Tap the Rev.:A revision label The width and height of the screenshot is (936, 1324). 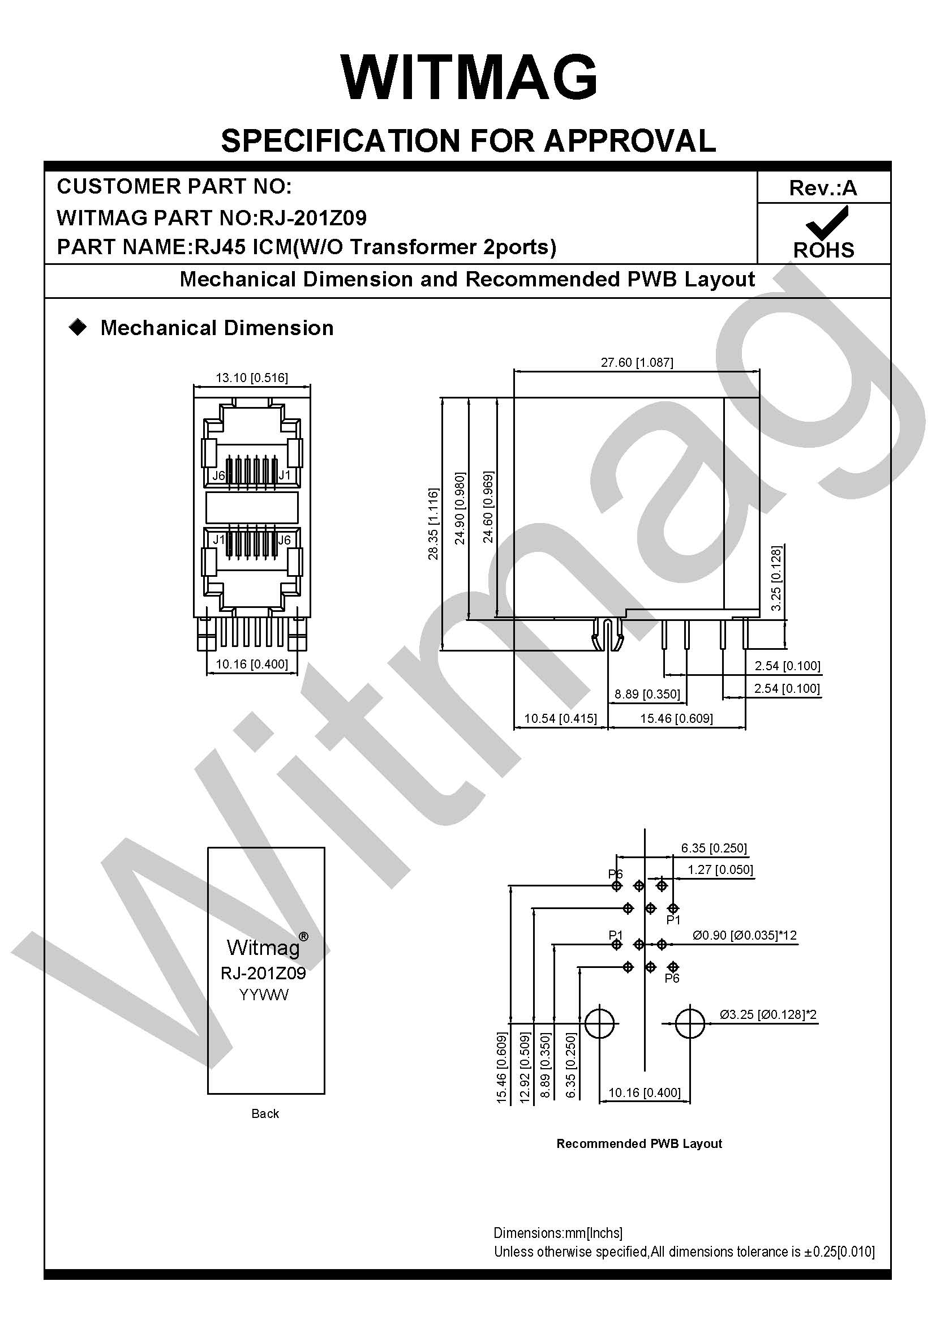(823, 188)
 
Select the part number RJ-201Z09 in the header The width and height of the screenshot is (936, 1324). (313, 217)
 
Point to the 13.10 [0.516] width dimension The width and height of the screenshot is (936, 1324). (252, 378)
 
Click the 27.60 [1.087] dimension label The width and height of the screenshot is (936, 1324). (637, 362)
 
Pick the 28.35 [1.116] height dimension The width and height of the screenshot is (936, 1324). (433, 524)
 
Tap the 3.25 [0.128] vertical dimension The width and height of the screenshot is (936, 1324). (776, 578)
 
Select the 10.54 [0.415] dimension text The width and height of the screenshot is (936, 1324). (560, 718)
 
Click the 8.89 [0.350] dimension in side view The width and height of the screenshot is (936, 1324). (647, 694)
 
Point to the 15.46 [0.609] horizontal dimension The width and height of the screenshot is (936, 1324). (677, 718)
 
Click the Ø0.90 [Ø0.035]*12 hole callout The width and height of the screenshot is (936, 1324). (745, 935)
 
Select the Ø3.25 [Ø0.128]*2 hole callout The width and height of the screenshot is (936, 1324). (768, 1014)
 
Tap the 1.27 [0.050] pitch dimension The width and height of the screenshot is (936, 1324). (720, 869)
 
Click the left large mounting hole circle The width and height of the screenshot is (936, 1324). (600, 1023)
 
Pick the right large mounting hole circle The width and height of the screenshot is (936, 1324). (689, 1023)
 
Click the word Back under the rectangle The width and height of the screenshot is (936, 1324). (265, 1113)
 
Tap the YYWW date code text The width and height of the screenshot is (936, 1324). (264, 995)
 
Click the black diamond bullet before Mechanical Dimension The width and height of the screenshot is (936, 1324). (77, 328)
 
